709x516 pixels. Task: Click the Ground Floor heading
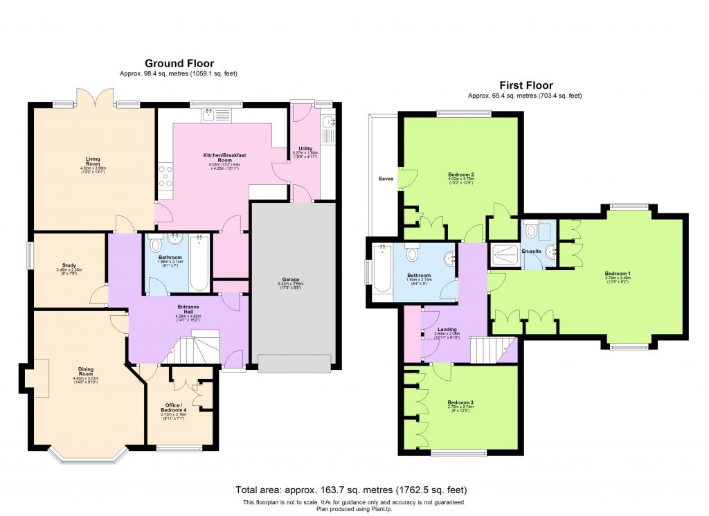[x=179, y=64]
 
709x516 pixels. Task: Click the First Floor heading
[x=526, y=86]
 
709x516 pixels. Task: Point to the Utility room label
[x=305, y=148]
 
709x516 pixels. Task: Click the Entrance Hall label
[x=187, y=309]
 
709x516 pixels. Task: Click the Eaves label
[x=386, y=179]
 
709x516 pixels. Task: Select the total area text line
[x=355, y=490]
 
